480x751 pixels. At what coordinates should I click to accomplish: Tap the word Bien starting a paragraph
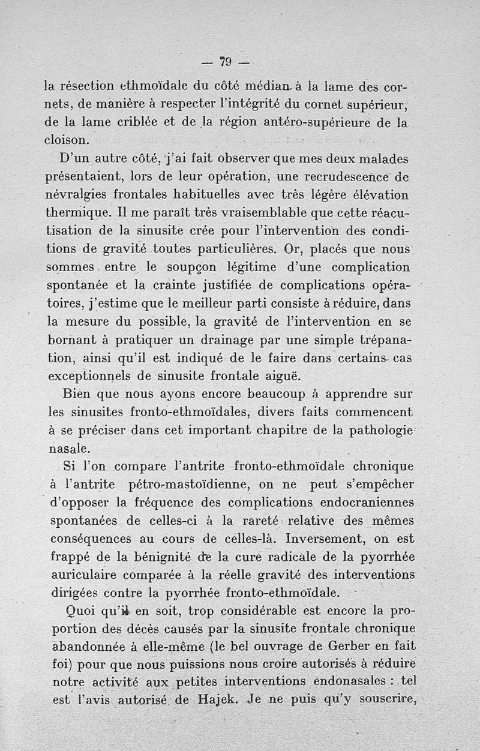point(79,395)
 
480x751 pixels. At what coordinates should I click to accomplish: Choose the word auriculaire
point(83,574)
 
